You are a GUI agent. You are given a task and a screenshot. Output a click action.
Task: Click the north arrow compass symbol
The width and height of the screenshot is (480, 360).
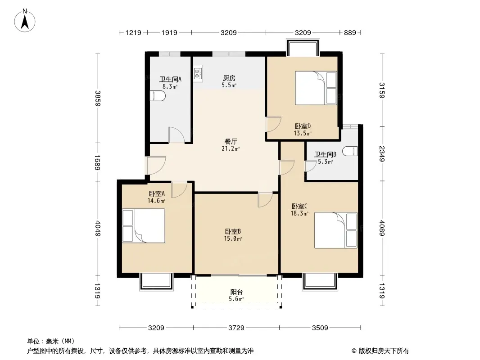[25, 21]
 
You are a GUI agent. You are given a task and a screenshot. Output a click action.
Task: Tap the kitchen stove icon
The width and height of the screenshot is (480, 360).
[198, 73]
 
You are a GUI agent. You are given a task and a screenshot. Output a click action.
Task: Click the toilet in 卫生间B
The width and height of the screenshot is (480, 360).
[350, 151]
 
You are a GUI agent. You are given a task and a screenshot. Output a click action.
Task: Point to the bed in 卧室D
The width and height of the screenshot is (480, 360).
[316, 88]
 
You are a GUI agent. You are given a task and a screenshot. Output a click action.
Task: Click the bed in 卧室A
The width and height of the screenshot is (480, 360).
[144, 226]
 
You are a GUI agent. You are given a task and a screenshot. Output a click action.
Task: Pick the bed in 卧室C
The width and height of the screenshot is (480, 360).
[336, 230]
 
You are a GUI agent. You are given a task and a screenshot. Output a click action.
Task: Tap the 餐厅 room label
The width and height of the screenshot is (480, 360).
[231, 142]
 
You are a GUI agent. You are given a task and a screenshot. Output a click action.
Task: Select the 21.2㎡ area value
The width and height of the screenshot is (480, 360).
[231, 149]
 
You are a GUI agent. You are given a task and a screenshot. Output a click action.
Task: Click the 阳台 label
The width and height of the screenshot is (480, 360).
[236, 292]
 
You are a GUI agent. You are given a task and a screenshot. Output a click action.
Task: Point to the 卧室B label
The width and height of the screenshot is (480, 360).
[233, 232]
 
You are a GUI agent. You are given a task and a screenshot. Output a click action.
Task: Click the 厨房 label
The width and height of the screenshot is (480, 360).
[229, 78]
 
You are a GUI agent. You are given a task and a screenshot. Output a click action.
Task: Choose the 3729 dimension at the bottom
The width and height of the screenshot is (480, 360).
[236, 328]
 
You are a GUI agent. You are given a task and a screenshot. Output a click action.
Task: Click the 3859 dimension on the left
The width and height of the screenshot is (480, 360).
[98, 98]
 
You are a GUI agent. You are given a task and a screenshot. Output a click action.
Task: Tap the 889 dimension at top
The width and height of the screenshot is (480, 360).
[350, 32]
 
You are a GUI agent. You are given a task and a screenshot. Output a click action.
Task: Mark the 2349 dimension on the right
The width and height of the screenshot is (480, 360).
[382, 153]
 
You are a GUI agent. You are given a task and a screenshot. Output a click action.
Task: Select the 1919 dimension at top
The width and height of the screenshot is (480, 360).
[169, 32]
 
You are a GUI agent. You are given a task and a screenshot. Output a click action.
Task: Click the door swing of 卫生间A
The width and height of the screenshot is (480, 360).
[177, 135]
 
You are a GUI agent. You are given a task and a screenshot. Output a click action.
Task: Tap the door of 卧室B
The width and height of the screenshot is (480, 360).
[265, 200]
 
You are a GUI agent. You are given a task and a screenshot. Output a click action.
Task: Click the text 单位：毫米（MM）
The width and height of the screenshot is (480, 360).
[51, 341]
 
